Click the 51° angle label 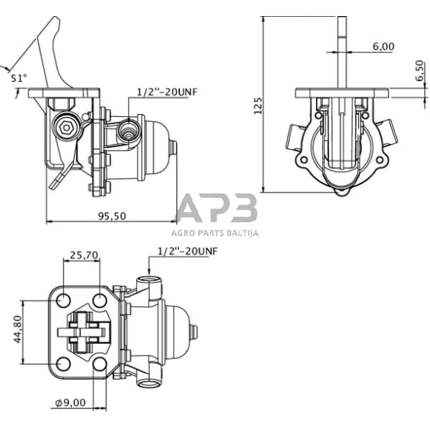[x=18, y=76]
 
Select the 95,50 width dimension [x=110, y=216]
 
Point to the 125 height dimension [x=257, y=106]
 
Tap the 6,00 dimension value [x=383, y=46]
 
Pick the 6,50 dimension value [x=419, y=71]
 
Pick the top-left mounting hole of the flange [x=64, y=300]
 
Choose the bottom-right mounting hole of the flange [x=100, y=363]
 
